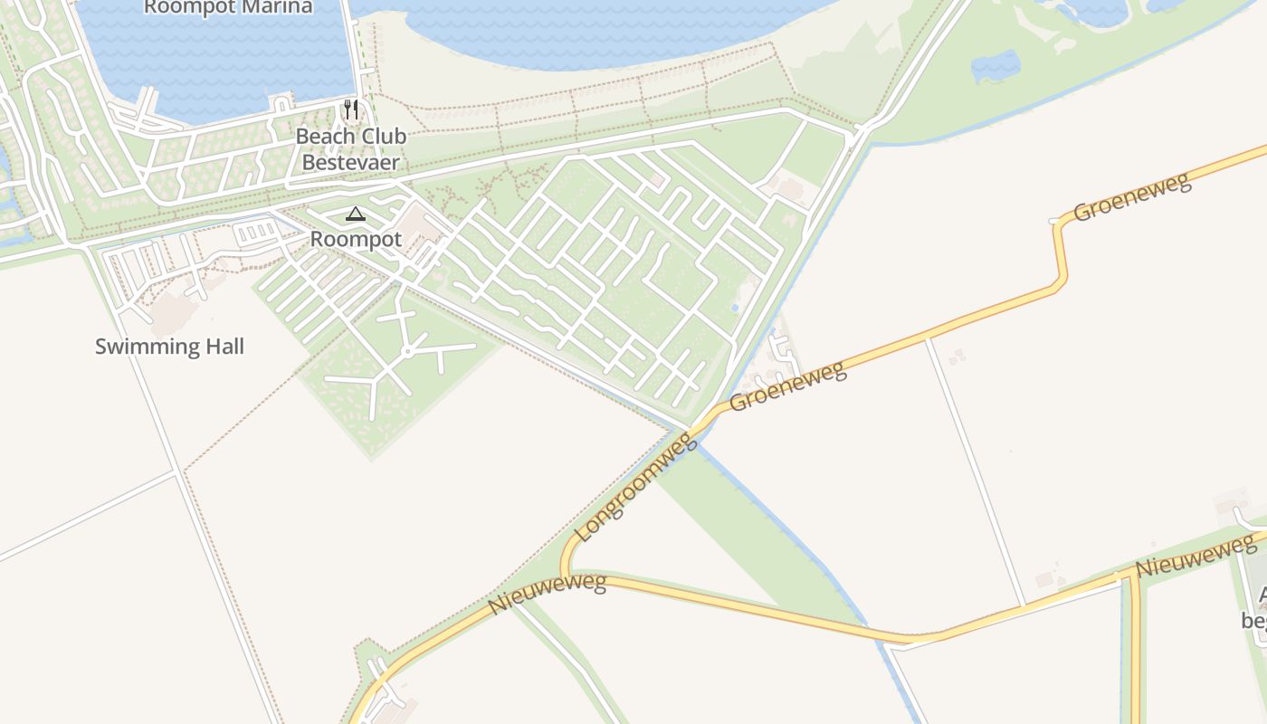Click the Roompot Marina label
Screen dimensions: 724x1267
(228, 7)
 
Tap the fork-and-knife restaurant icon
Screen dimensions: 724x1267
(351, 110)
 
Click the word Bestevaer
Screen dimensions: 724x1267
(350, 163)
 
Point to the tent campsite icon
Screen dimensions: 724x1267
(356, 214)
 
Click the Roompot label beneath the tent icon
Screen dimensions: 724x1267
(356, 240)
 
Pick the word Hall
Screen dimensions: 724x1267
(222, 347)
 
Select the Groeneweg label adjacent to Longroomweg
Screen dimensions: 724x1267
(787, 386)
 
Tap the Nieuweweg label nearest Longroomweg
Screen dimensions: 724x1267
(547, 593)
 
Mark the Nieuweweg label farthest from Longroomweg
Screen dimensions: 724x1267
(1196, 556)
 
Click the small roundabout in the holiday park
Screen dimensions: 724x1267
(408, 350)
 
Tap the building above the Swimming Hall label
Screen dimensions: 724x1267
(174, 310)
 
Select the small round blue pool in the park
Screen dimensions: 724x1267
(734, 309)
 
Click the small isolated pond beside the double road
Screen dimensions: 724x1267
(995, 66)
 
